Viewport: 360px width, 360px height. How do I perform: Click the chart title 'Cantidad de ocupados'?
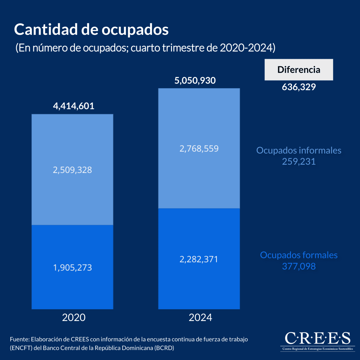click(91, 30)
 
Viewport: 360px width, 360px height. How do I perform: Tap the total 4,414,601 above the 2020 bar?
click(73, 106)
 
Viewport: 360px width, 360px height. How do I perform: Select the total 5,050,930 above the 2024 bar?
click(195, 80)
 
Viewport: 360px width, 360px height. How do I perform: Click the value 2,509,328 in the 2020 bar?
click(72, 170)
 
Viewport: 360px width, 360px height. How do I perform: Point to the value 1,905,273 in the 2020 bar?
click(72, 267)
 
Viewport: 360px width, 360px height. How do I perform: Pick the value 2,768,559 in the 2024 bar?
click(199, 148)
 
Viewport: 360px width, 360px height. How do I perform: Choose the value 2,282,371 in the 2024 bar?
click(199, 259)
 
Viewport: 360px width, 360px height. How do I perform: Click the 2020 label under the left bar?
click(74, 317)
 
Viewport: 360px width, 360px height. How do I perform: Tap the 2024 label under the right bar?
click(200, 317)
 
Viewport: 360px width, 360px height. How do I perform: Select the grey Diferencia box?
click(299, 70)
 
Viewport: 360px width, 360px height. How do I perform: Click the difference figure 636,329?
click(299, 87)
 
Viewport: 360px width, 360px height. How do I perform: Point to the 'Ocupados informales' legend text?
click(299, 150)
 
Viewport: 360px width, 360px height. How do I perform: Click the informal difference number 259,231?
click(299, 162)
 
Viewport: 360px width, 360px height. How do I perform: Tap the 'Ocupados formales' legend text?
click(299, 255)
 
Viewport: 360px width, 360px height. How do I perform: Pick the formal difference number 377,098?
click(299, 266)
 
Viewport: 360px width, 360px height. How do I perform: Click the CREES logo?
click(317, 338)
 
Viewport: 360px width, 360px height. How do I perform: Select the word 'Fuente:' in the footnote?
click(19, 339)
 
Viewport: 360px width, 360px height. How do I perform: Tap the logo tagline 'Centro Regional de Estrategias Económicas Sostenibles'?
click(317, 349)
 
